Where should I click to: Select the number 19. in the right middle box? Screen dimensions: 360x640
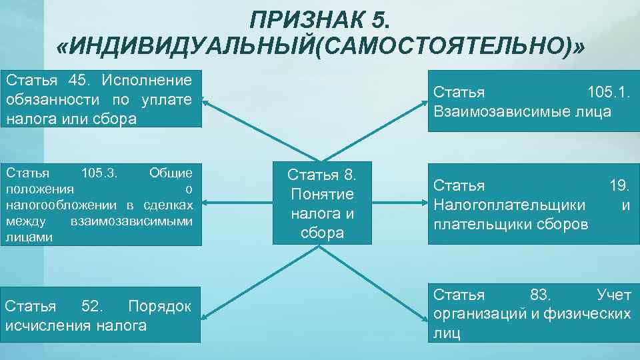pos(619,185)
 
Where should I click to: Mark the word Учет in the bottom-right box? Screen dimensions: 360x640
pos(613,294)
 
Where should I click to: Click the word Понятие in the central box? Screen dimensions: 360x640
pos(322,195)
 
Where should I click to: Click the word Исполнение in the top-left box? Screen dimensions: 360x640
pos(147,81)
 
